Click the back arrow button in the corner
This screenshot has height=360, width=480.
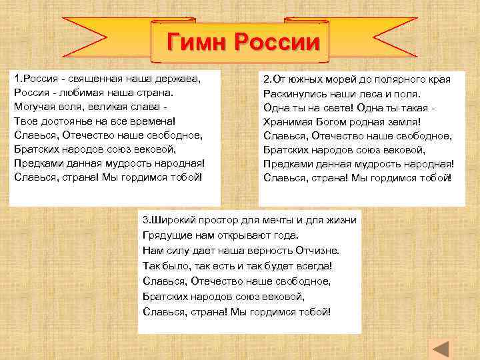point(441,348)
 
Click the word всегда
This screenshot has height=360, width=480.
point(314,265)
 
